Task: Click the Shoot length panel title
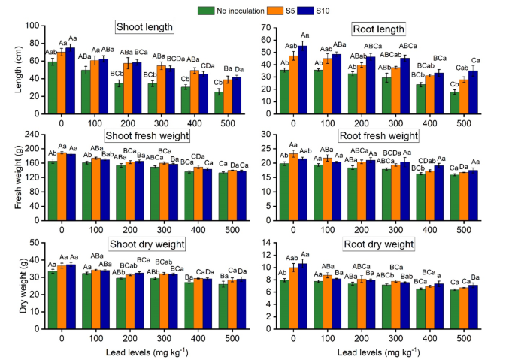click(x=145, y=28)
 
